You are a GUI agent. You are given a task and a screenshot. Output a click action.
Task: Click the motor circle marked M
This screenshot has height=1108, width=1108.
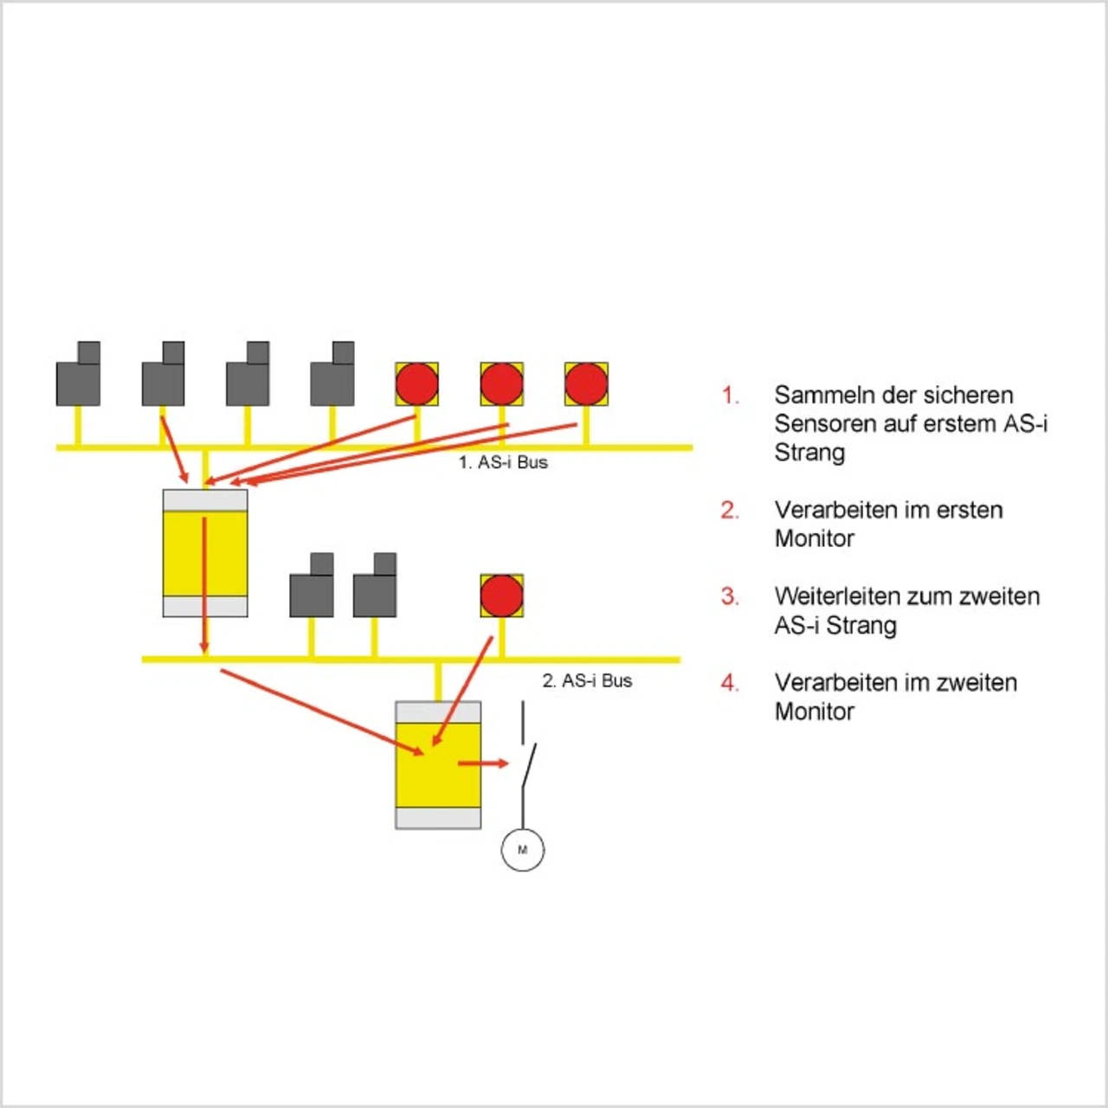(x=522, y=849)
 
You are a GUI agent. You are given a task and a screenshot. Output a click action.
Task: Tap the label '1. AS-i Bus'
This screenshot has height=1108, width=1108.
(x=503, y=462)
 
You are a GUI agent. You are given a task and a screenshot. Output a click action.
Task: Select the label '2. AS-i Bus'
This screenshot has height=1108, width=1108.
(x=587, y=680)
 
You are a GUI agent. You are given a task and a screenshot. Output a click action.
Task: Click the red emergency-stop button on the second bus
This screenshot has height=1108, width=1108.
(x=501, y=595)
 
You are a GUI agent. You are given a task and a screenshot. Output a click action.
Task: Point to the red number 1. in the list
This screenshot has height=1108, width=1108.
(x=731, y=395)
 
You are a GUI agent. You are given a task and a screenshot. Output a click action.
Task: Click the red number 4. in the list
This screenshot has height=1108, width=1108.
(x=731, y=682)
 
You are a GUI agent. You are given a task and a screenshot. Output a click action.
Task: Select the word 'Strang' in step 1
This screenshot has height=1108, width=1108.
(x=809, y=453)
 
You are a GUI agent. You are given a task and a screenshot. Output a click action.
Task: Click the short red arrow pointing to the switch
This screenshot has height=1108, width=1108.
(x=483, y=763)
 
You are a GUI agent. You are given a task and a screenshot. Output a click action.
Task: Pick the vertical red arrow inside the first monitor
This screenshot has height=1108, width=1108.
(x=204, y=585)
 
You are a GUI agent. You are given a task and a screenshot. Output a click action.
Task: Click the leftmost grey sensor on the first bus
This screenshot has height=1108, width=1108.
(x=78, y=374)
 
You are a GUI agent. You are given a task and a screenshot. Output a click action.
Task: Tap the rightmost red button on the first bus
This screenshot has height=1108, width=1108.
(x=586, y=383)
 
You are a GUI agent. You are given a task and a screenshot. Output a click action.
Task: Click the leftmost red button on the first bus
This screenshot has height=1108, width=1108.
(x=417, y=383)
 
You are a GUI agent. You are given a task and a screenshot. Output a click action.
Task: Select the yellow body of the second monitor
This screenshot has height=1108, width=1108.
(x=438, y=764)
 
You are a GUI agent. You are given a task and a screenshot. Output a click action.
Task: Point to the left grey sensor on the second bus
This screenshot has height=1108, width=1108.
(x=311, y=585)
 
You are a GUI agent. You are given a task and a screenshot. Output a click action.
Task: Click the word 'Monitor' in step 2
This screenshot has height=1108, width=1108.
(x=815, y=538)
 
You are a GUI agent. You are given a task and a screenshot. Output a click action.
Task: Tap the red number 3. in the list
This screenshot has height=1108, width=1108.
(x=731, y=596)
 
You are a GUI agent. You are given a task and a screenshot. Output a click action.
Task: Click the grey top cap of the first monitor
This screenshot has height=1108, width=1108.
(x=205, y=500)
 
